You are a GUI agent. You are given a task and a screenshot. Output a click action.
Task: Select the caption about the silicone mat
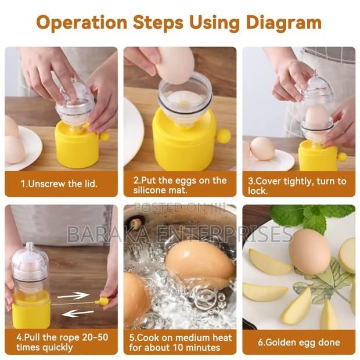click(x=179, y=185)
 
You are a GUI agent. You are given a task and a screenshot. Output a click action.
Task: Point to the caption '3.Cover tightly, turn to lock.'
click(x=298, y=185)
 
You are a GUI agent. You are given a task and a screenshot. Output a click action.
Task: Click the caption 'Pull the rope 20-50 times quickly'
click(x=61, y=342)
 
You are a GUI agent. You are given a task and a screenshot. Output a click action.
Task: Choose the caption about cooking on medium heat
click(x=180, y=342)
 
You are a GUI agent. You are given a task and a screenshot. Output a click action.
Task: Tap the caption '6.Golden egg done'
click(x=298, y=342)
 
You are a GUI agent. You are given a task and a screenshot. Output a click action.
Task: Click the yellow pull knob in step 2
click(x=223, y=136)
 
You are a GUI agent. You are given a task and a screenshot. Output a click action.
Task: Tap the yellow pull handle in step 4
click(x=103, y=301)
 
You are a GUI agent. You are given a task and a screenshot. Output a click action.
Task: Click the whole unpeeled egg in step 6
click(x=309, y=250)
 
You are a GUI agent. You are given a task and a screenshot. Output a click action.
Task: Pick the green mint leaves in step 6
click(x=307, y=216)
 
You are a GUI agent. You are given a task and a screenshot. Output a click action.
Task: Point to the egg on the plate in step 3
click(x=262, y=148)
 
